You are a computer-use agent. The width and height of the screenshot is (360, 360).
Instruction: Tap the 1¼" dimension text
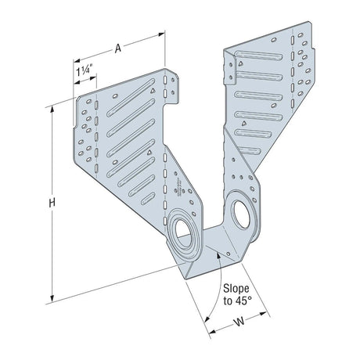point(82,71)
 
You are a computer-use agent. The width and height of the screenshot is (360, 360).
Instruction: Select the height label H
point(52,203)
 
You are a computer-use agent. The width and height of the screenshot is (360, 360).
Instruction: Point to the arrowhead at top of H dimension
point(52,108)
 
